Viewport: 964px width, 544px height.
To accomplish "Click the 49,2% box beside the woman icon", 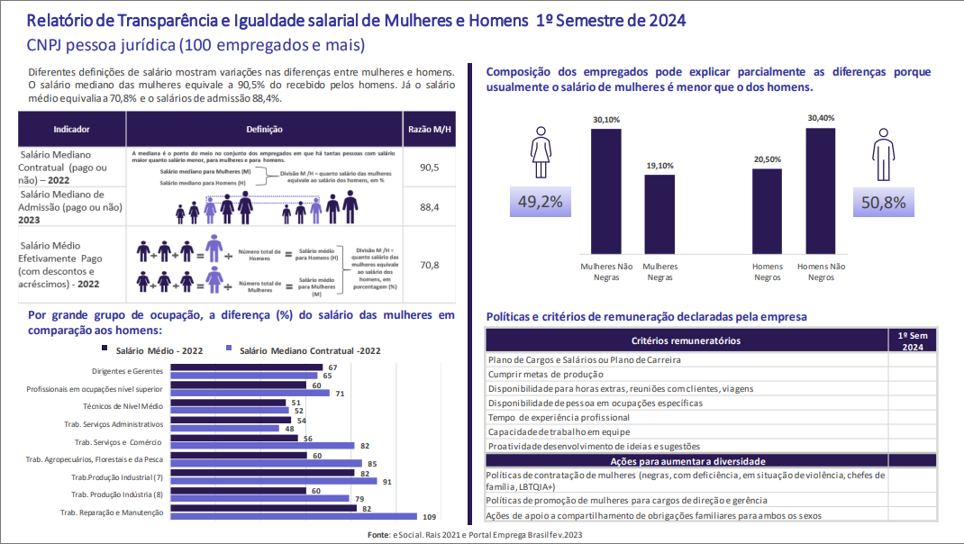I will pos(541,203).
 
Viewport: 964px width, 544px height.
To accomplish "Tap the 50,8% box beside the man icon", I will pos(883,203).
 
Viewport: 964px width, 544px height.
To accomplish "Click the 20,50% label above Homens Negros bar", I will pos(768,159).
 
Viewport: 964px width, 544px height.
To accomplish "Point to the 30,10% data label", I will pos(606,120).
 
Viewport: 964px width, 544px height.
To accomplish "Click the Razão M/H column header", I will pos(429,130).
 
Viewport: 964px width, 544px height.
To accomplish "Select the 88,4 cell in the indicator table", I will pos(429,207).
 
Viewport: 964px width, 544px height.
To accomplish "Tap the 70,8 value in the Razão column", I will pos(429,265).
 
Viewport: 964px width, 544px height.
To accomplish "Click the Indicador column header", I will pos(71,130).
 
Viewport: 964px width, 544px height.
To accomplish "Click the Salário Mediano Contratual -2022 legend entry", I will pos(298,351).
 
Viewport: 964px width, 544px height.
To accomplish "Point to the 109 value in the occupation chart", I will pos(430,516).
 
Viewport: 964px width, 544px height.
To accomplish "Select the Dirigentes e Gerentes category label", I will pos(127,371).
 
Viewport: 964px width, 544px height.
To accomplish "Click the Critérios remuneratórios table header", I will pos(687,340).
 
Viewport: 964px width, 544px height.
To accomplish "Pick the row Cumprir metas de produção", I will pos(545,374).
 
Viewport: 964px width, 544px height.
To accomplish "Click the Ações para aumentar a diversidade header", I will pos(687,460).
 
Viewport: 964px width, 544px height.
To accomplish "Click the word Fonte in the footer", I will pos(378,535).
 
